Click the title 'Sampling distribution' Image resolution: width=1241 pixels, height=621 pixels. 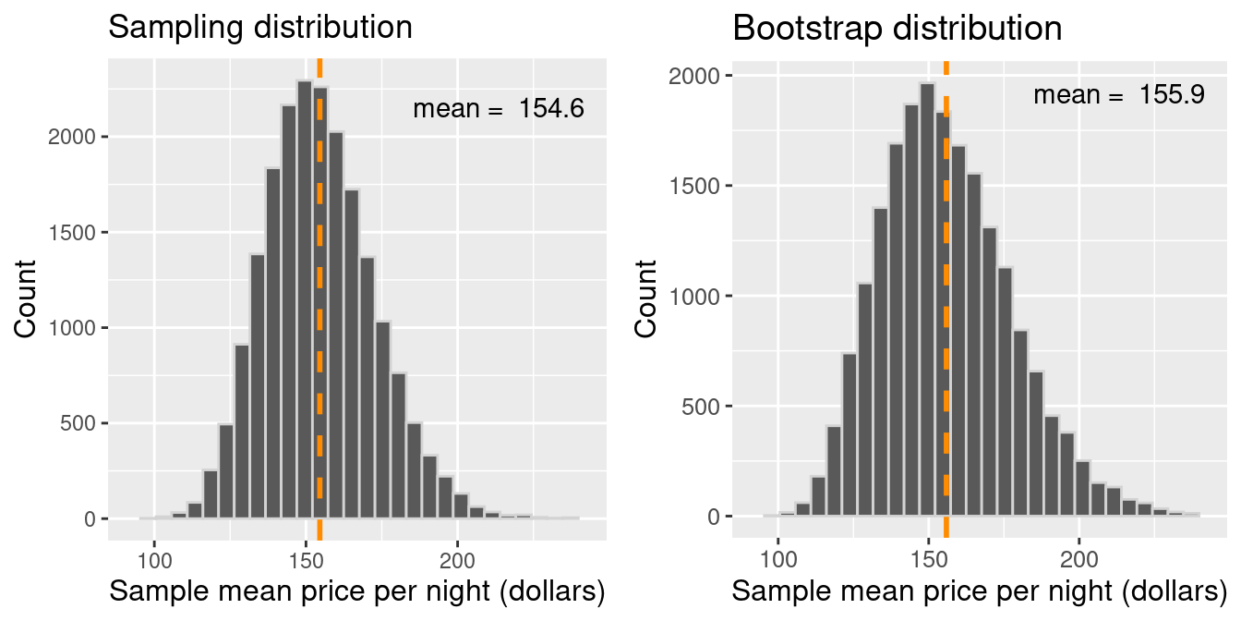pyautogui.click(x=260, y=28)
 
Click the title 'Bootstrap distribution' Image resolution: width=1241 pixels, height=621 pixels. pyautogui.click(x=897, y=29)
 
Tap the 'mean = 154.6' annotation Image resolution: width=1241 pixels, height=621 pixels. pyautogui.click(x=499, y=109)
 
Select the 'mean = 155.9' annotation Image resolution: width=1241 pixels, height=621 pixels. pyautogui.click(x=1119, y=94)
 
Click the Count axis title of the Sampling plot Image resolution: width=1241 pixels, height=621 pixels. pyautogui.click(x=26, y=298)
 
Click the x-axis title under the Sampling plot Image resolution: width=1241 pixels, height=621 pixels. pyautogui.click(x=357, y=593)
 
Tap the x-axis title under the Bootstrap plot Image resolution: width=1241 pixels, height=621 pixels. pyautogui.click(x=981, y=593)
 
